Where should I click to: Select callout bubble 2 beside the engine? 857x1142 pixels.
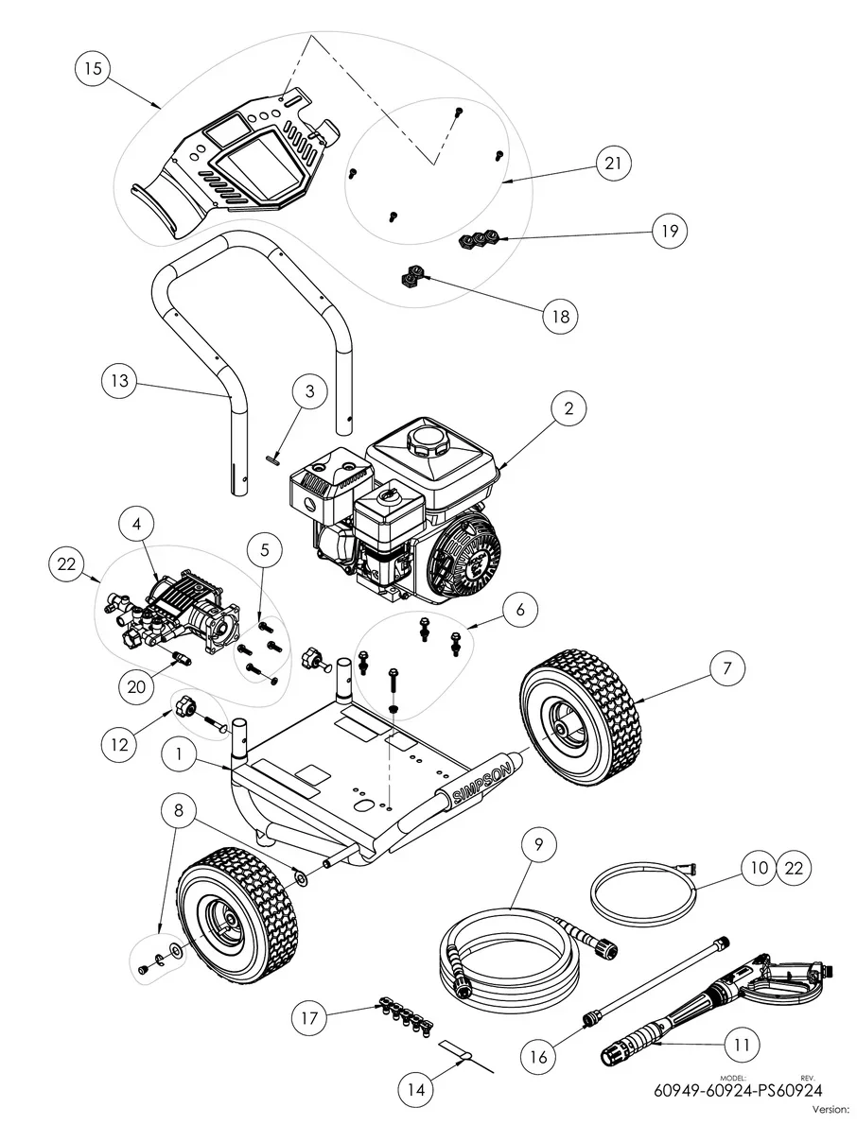click(568, 408)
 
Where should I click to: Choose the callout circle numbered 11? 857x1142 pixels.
click(742, 1044)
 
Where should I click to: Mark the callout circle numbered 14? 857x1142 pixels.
click(415, 1088)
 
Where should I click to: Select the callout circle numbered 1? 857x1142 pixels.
click(179, 754)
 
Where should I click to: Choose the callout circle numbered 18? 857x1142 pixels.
click(561, 316)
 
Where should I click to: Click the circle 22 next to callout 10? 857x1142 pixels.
click(795, 869)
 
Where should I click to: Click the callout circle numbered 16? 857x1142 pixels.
click(538, 1057)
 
